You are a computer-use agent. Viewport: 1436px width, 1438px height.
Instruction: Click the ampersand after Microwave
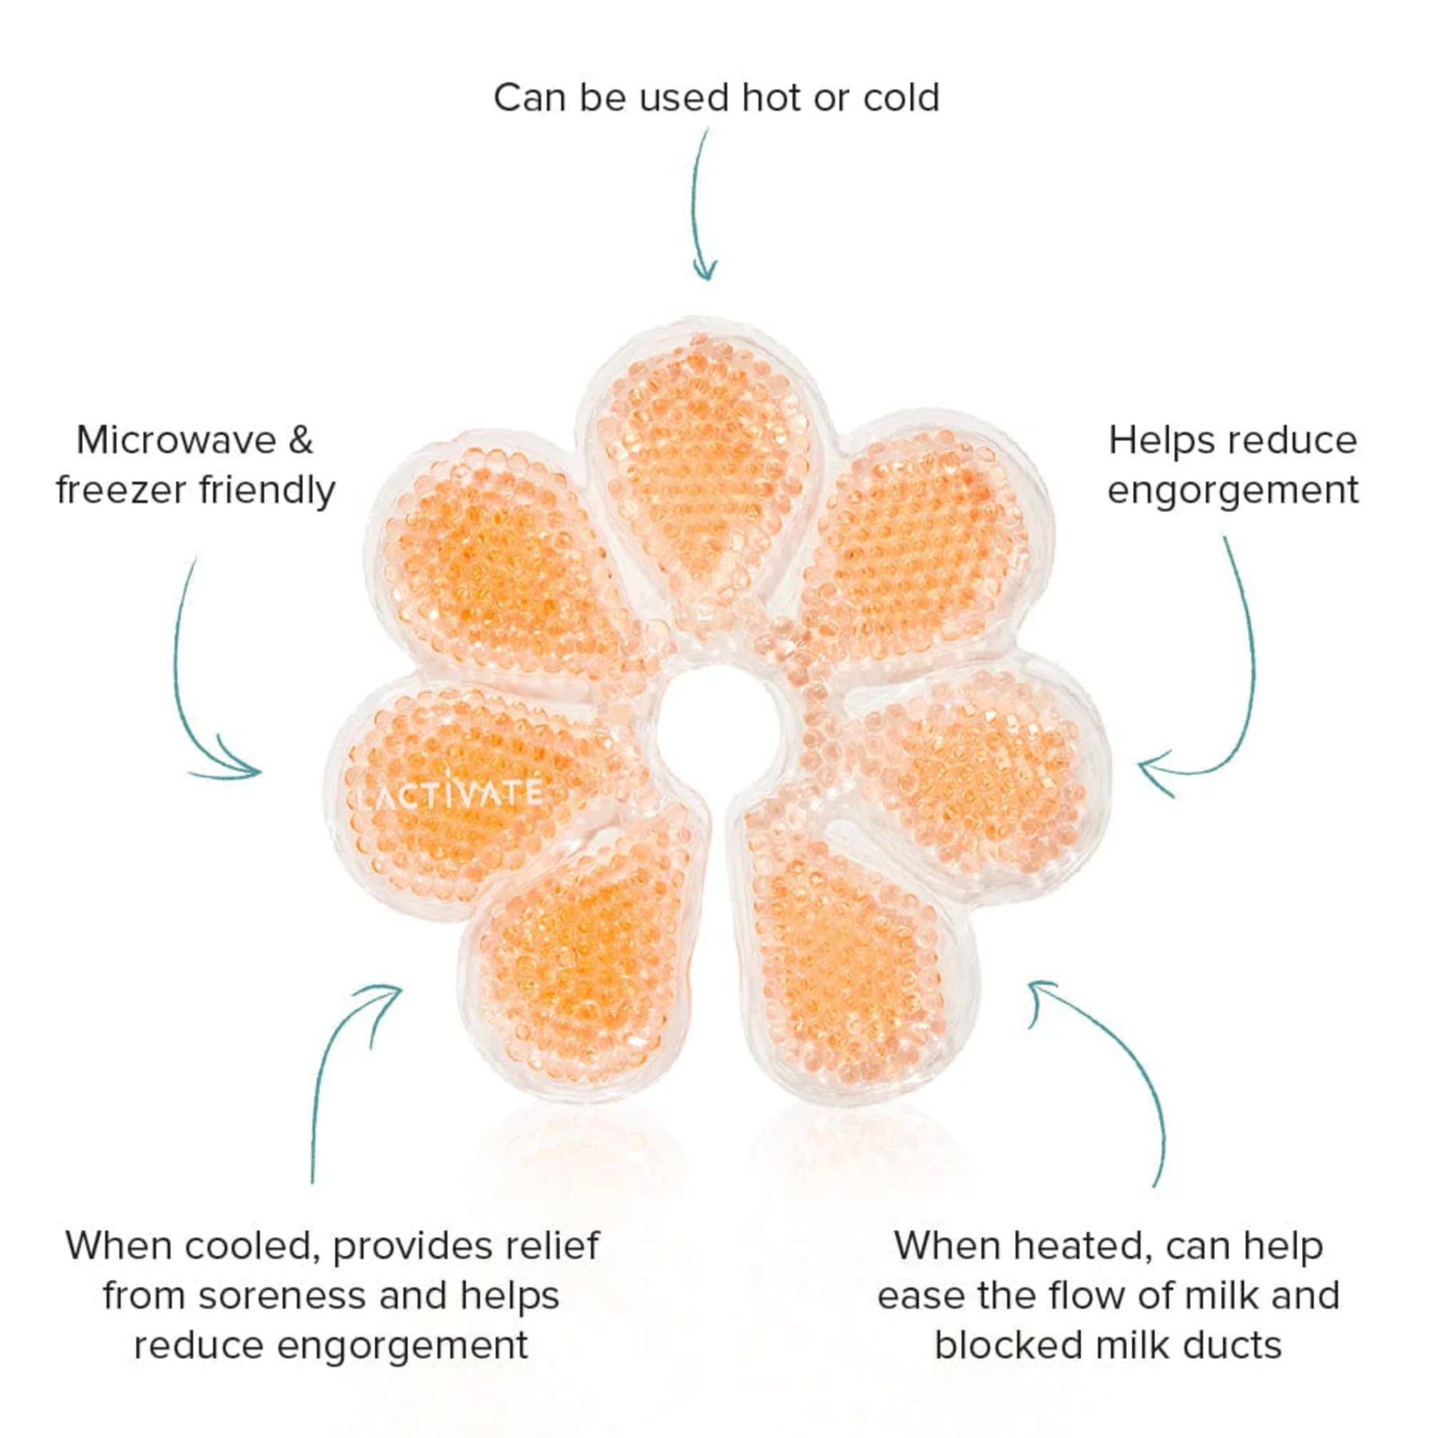pos(301,440)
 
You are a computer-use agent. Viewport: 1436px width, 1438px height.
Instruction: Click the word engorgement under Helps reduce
pos(1233,491)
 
